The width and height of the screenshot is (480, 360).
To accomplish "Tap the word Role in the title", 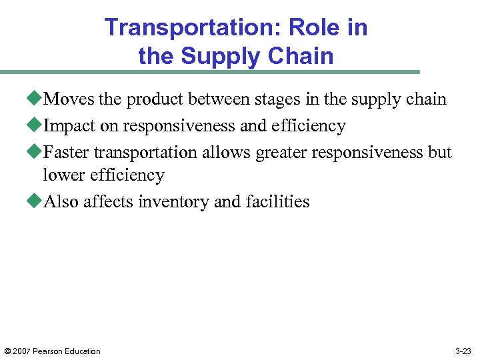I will pos(312,28).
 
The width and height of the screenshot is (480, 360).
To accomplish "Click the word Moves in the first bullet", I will pos(69,99).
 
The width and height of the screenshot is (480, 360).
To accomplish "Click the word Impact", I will pos(69,126).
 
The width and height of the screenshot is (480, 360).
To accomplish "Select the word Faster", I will pos(67,153).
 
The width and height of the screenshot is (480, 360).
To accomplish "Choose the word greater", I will pos(281,153).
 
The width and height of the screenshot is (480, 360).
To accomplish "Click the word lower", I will pos(61,175).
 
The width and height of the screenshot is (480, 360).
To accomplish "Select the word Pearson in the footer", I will pos(51,351).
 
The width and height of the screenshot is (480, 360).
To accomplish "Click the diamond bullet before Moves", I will pos(37,99).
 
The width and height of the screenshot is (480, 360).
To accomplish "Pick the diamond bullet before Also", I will pos(37,202).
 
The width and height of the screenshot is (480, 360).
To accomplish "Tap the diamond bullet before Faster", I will pos(37,153).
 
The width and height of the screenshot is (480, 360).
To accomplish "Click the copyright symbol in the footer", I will pos(8,351).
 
